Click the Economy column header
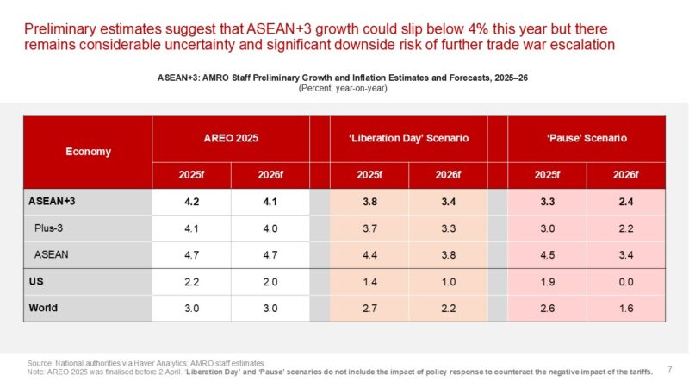(x=88, y=152)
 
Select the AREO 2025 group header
(x=232, y=137)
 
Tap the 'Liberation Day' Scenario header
(x=409, y=137)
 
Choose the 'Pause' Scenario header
(x=587, y=137)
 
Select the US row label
(x=39, y=281)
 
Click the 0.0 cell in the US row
(x=625, y=281)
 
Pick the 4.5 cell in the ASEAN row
(x=547, y=255)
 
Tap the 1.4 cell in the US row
(x=369, y=281)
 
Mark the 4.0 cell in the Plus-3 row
(x=270, y=230)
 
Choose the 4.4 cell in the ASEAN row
(x=369, y=255)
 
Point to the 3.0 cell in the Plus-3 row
(x=547, y=230)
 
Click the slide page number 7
(x=669, y=369)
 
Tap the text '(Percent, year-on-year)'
(x=344, y=89)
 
